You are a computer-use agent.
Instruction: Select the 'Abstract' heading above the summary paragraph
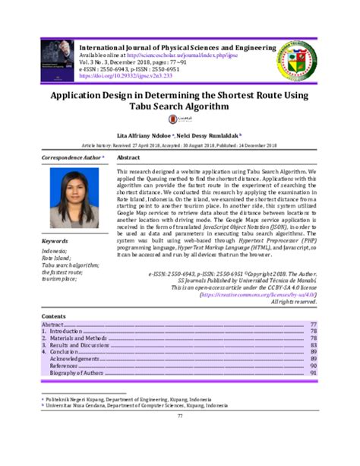(x=131, y=157)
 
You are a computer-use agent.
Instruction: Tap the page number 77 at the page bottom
(x=180, y=416)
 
